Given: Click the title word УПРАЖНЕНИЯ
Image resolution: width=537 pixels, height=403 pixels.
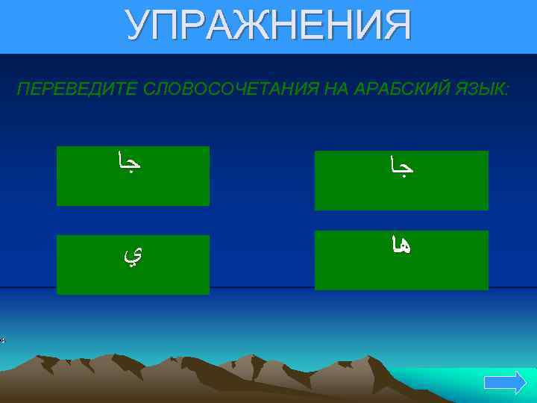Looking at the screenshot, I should point(268,26).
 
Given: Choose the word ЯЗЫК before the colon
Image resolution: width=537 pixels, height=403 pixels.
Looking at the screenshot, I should point(481,90).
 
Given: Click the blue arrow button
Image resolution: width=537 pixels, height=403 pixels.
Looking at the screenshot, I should point(505,384).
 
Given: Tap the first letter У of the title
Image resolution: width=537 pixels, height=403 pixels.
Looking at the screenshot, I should point(136,26).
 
